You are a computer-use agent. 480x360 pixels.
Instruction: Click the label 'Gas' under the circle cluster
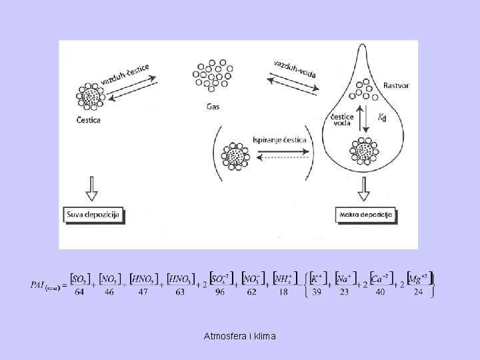(x=213, y=107)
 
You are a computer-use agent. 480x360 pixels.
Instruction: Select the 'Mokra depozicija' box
(x=365, y=215)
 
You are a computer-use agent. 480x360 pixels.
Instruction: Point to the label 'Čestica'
(x=91, y=121)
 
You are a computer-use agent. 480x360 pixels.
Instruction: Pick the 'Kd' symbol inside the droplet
(x=382, y=118)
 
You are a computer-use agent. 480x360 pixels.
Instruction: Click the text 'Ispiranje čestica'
(x=279, y=140)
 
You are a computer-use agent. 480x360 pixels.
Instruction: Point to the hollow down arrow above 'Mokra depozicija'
(x=365, y=189)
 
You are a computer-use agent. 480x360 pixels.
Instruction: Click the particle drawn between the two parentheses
(x=235, y=156)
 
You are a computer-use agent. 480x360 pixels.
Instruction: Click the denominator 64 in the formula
(x=80, y=291)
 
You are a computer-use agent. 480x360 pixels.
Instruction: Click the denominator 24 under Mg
(x=419, y=291)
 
